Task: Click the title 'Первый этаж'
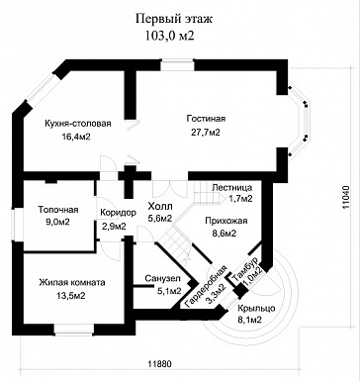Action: pos(174,20)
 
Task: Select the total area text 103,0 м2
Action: pos(169,36)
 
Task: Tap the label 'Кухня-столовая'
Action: pos(78,124)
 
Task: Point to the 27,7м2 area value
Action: pos(206,133)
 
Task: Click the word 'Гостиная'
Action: pos(206,119)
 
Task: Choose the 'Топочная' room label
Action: pos(58,210)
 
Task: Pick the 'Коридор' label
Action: pos(118,213)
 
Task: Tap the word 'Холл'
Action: pos(160,207)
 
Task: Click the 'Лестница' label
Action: pos(232,188)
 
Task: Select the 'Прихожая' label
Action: pos(226,221)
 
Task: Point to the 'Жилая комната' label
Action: pos(72,283)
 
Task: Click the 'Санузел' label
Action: pos(162,279)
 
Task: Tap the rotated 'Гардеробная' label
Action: pos(207,285)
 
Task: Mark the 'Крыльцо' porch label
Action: pos(256,309)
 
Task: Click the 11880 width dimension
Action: pos(160,364)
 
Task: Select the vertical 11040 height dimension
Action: pos(346,197)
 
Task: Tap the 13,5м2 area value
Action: pos(71,296)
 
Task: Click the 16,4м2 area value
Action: pos(76,137)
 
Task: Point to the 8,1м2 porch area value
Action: pos(249,320)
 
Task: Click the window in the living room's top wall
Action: pos(177,64)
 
